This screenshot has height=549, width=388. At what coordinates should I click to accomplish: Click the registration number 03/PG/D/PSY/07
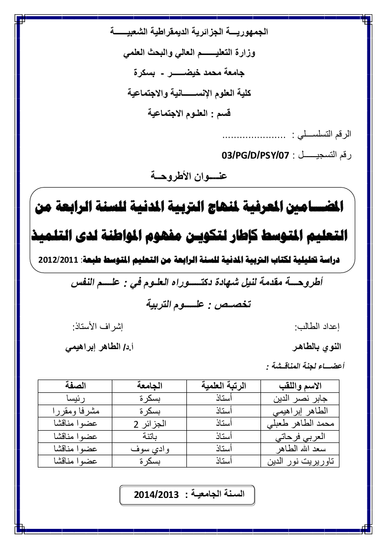[255, 156]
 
